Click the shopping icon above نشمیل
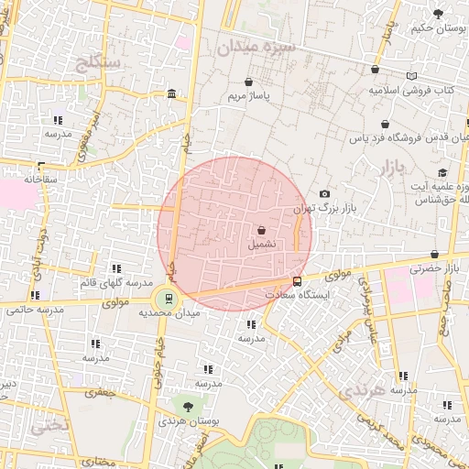pos(263,231)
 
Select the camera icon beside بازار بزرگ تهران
pos(324,194)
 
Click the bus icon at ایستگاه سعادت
pos(297,282)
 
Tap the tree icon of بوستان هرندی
pos(188,405)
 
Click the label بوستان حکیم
pos(431,29)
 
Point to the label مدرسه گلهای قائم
pos(114,281)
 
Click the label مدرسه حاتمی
pos(37,309)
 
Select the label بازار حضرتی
pos(438,268)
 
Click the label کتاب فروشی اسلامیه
pos(412,91)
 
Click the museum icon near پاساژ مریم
pos(172,95)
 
